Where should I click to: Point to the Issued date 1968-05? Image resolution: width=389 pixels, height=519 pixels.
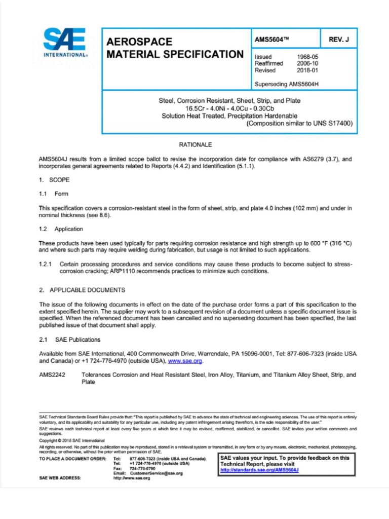[307, 57]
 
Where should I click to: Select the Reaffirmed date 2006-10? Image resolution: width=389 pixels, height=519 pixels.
[307, 64]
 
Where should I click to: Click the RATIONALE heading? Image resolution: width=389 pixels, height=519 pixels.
[194, 144]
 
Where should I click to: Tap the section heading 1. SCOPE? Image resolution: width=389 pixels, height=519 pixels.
[54, 179]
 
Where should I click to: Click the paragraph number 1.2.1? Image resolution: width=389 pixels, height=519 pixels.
[47, 264]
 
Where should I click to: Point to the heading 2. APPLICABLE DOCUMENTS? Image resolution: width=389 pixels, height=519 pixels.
[82, 290]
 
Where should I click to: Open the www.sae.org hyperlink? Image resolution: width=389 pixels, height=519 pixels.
[185, 361]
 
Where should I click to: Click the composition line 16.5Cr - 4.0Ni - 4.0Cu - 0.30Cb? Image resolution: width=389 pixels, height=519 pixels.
[229, 108]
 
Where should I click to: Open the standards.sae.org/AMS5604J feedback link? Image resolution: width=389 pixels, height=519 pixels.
[259, 470]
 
